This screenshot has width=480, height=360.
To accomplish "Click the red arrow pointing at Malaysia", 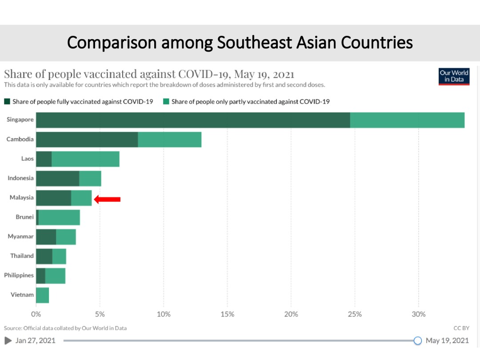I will (108, 200).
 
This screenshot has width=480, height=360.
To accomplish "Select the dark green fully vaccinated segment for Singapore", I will (193, 120).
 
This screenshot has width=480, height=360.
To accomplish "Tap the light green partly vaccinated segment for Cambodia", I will (169, 140).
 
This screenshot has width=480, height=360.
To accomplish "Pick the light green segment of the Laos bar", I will (85, 159).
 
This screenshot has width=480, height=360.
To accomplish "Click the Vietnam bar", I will (42, 295).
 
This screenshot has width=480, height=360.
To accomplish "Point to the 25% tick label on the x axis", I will (355, 314).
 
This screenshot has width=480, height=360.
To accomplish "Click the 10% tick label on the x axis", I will (163, 314).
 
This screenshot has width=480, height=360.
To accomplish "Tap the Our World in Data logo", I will (454, 76).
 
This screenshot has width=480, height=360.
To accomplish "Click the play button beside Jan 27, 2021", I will (8, 341).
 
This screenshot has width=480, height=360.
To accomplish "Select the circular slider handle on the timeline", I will (417, 341).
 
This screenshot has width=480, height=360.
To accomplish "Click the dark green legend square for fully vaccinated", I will (7, 102).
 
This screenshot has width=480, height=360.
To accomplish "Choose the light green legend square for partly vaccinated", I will (166, 102).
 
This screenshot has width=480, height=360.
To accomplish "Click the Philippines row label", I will (19, 276).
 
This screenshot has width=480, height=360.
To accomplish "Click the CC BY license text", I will (461, 328).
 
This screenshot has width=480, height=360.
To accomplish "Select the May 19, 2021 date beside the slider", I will (447, 341).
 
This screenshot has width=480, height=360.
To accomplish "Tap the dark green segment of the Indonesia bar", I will (57, 178).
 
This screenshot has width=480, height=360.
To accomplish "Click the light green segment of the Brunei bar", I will (59, 217).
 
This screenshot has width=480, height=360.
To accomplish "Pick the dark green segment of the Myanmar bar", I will (46, 237).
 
